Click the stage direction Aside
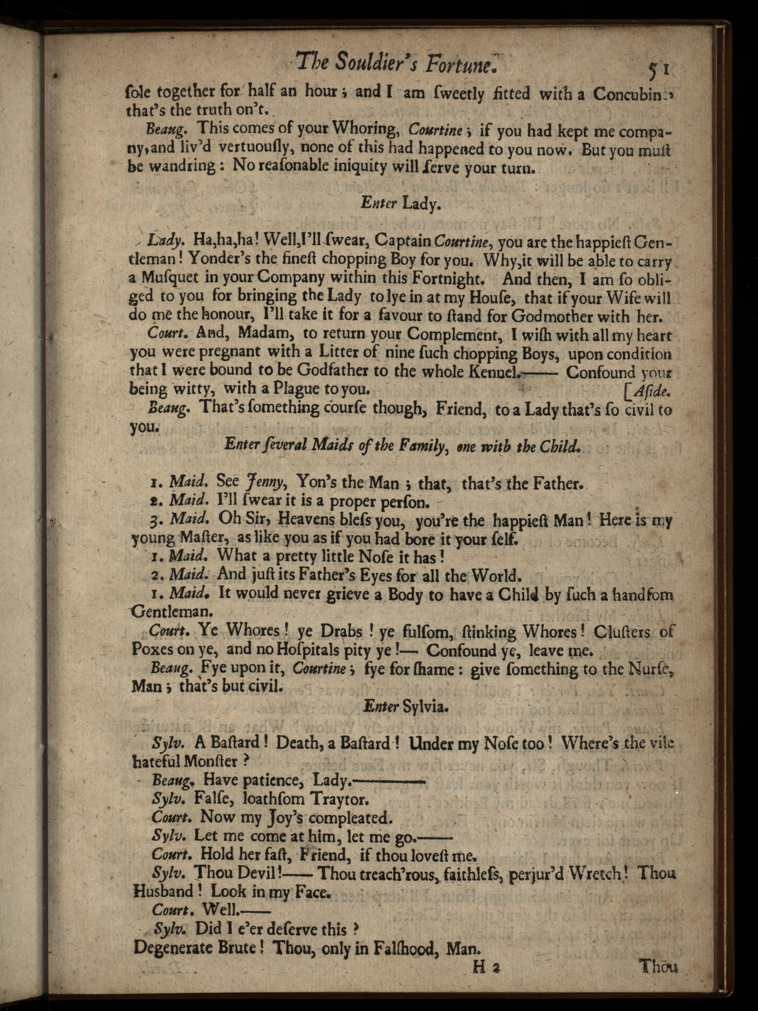[x=651, y=390]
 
